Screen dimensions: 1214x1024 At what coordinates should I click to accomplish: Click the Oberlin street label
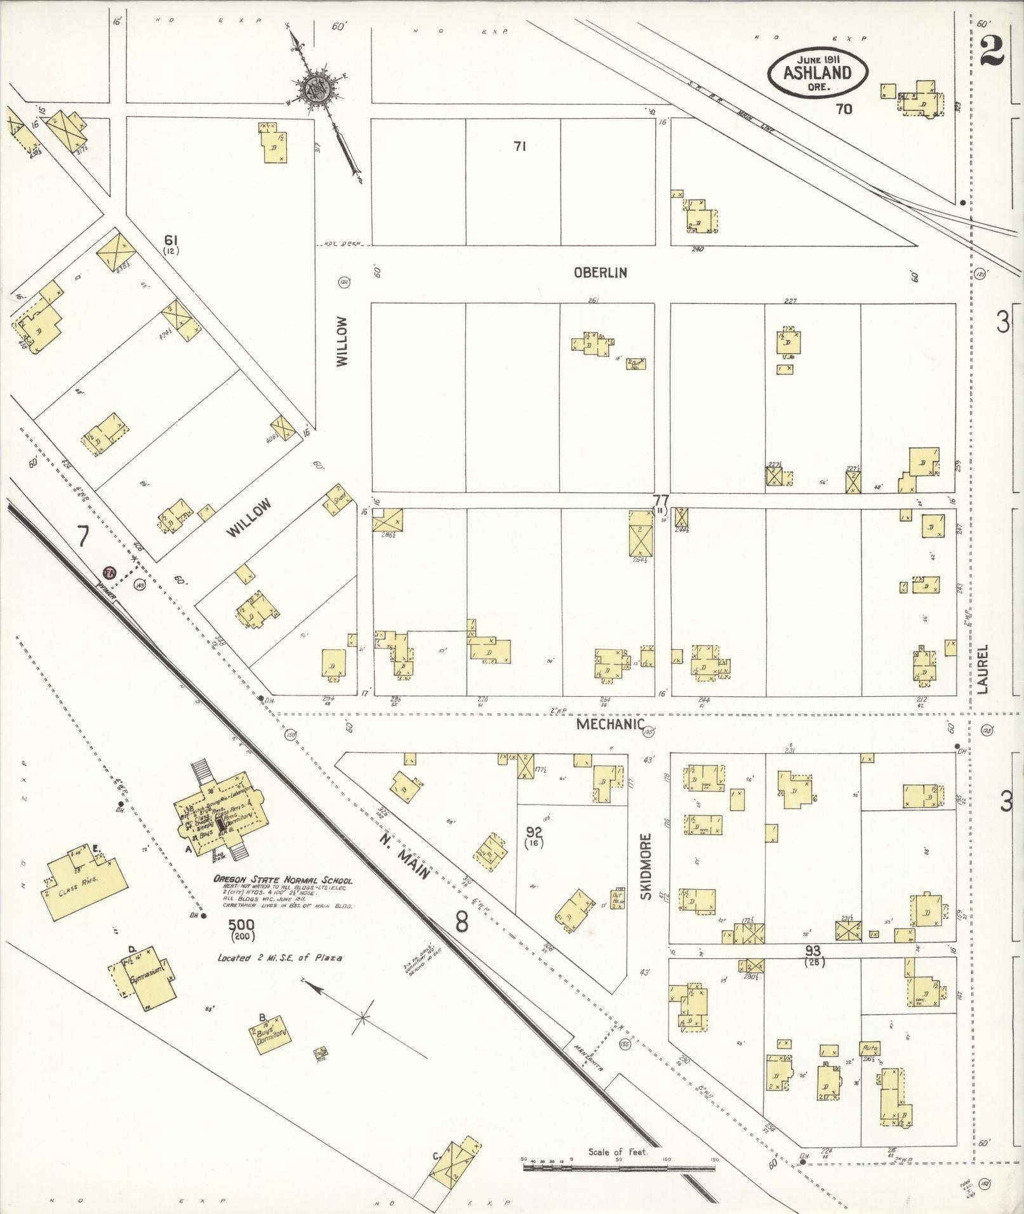point(600,272)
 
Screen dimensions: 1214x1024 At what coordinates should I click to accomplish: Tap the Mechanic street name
point(609,725)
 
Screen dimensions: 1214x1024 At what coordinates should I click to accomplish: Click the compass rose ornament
point(315,89)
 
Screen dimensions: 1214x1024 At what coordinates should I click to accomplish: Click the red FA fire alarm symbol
point(110,572)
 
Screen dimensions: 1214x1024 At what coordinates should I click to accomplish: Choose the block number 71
point(520,147)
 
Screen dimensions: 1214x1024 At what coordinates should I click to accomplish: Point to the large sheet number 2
point(992,51)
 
